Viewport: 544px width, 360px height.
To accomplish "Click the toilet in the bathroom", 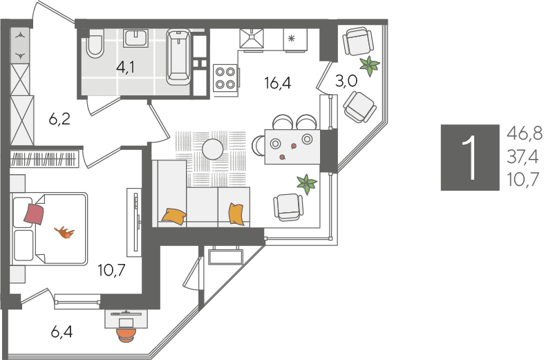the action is coord(95,44).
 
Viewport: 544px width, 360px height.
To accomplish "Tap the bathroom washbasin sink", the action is coord(135,38).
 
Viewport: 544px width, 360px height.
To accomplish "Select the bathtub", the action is coord(178,57).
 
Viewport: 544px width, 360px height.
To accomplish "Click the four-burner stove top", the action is coord(225,78).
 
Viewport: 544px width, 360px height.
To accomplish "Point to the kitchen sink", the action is coord(252,39).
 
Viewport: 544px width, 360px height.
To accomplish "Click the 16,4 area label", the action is coord(277,83).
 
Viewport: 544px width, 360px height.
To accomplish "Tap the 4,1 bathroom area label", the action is coord(126,67).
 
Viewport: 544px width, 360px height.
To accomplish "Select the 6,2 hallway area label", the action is coord(59,120).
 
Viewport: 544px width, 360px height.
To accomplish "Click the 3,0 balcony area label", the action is coord(346,81).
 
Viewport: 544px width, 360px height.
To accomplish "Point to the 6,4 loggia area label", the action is coord(62,332).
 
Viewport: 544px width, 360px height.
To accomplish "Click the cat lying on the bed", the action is coord(65,232).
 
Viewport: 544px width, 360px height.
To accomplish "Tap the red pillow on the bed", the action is coord(34,214).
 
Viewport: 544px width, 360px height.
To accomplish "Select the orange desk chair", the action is coord(126,335).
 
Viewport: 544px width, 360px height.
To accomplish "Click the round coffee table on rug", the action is coord(212,149).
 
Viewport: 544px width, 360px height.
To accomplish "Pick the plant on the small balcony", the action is coord(370,66).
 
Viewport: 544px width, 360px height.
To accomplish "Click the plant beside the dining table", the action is coord(306,184).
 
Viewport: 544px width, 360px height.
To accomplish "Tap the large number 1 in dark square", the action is coord(470,158).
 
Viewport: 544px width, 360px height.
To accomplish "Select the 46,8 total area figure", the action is coord(524,133).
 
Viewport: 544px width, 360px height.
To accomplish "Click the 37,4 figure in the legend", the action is coord(523,157).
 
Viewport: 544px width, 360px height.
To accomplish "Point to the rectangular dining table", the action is coord(292,146).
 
